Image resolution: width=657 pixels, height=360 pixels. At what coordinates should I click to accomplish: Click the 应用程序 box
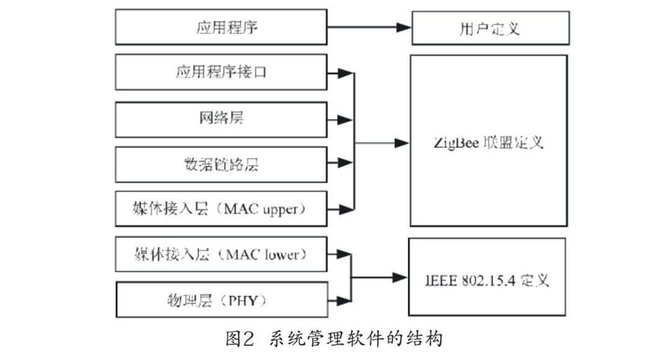pyautogui.click(x=221, y=27)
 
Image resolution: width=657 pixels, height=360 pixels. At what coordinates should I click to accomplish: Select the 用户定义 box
pyautogui.click(x=490, y=28)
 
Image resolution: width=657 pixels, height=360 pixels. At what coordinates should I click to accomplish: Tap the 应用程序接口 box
pyautogui.click(x=221, y=72)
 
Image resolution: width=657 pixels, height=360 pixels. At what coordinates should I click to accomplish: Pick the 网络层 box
pyautogui.click(x=221, y=119)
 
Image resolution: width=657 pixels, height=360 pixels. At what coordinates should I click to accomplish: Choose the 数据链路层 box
pyautogui.click(x=221, y=164)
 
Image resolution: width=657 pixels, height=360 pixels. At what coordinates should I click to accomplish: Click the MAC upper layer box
pyautogui.click(x=221, y=209)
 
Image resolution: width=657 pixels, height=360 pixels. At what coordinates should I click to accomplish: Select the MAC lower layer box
pyautogui.click(x=221, y=254)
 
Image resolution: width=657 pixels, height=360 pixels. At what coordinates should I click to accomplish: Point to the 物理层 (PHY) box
pyautogui.click(x=221, y=301)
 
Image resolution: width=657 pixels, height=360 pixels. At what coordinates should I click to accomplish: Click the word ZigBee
pyautogui.click(x=456, y=143)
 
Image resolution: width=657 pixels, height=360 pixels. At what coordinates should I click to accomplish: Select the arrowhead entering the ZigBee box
pyautogui.click(x=402, y=143)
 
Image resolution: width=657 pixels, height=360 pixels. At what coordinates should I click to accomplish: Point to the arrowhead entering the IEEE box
pyautogui.click(x=399, y=278)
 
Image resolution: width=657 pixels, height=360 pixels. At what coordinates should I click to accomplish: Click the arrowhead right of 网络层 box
pyautogui.click(x=340, y=118)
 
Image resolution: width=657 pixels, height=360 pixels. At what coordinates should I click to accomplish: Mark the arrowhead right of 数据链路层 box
pyautogui.click(x=340, y=164)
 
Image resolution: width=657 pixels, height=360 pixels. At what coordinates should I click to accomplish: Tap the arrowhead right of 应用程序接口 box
pyautogui.click(x=340, y=73)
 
